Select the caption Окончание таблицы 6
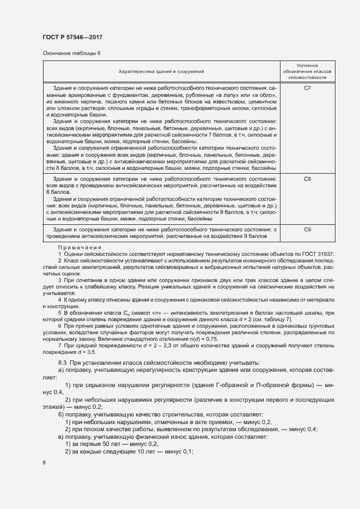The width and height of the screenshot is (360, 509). pyautogui.click(x=71, y=53)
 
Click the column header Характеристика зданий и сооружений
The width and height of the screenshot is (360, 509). pyautogui.click(x=161, y=71)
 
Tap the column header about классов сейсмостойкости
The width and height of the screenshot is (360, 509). pyautogui.click(x=307, y=71)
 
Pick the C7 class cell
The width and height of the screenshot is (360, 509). pyautogui.click(x=307, y=88)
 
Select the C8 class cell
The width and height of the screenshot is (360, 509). pyautogui.click(x=307, y=178)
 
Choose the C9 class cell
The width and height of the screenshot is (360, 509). pyautogui.click(x=307, y=230)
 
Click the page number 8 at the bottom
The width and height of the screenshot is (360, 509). pyautogui.click(x=44, y=463)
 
